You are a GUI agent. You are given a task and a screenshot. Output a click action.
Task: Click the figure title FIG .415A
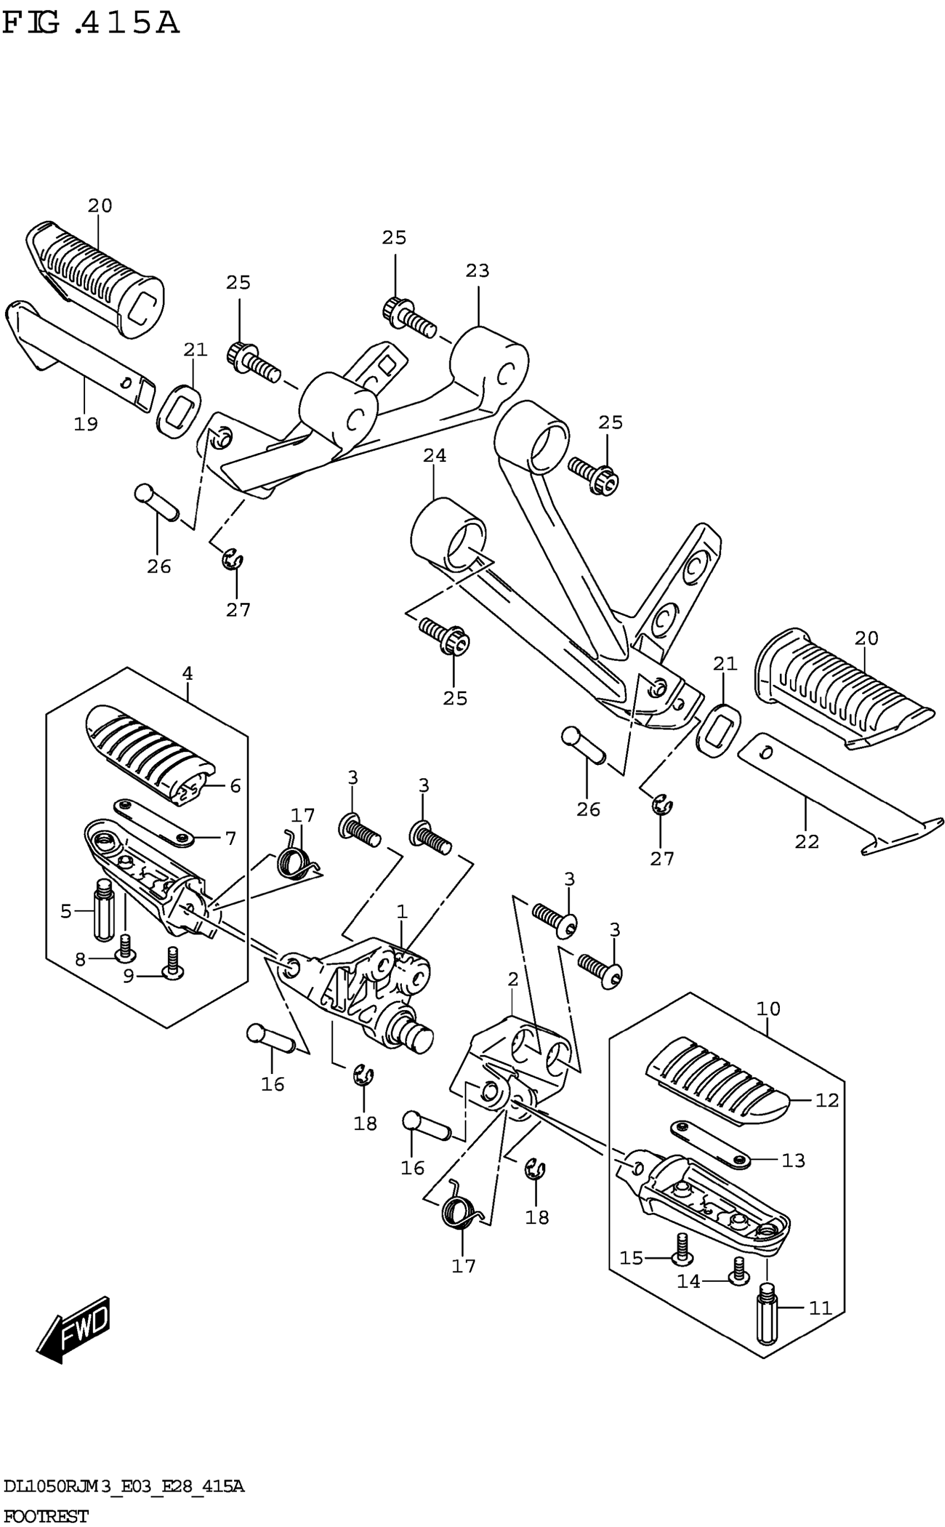(91, 24)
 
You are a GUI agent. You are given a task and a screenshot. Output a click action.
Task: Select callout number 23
(478, 271)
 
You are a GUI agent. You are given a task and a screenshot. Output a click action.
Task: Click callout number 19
(86, 424)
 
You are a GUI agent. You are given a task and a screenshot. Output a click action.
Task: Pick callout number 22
(806, 842)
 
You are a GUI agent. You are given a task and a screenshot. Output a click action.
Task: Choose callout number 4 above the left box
(187, 674)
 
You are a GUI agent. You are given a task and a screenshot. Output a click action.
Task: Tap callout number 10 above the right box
(768, 1008)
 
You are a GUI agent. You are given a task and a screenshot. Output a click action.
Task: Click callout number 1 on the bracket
(402, 912)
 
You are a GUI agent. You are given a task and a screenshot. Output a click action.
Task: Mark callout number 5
(66, 912)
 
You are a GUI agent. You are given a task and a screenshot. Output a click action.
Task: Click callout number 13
(793, 1160)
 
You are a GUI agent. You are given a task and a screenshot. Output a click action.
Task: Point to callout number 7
(231, 838)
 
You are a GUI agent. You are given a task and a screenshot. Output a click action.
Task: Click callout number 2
(513, 979)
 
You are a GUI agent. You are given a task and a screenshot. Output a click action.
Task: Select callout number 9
(128, 976)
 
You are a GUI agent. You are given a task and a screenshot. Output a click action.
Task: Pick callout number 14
(689, 1281)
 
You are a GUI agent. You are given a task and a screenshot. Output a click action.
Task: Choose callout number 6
(235, 786)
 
